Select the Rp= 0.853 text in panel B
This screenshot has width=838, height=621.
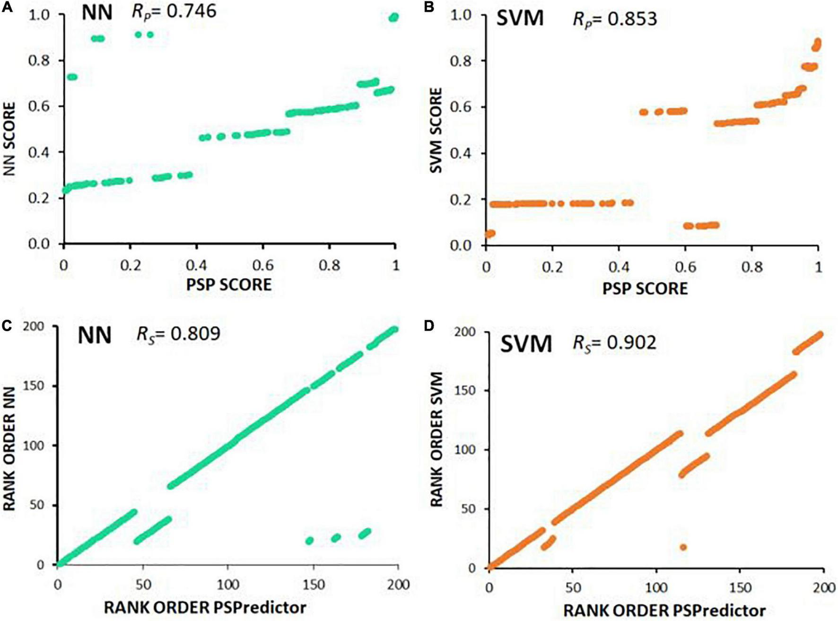615,19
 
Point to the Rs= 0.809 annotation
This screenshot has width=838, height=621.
178,334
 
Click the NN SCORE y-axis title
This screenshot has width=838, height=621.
9,139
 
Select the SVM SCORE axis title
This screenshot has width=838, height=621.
436,130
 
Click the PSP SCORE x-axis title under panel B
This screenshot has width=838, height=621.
645,288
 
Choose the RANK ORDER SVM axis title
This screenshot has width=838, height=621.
436,439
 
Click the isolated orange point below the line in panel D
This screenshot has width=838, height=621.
683,547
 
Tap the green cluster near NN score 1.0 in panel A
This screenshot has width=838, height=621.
393,17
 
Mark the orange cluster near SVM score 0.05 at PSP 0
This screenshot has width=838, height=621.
490,233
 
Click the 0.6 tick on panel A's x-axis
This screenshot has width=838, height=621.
262,265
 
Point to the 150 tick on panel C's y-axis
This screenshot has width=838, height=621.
34,386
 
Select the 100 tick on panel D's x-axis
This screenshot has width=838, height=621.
656,587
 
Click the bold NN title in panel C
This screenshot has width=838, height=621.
95,335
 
